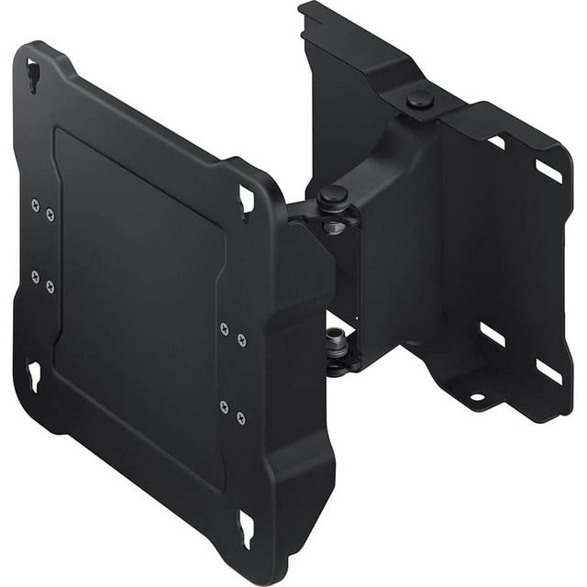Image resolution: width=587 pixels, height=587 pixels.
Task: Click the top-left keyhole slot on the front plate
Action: click(x=33, y=74)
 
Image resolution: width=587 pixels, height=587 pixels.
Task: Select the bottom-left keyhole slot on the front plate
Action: click(x=34, y=374)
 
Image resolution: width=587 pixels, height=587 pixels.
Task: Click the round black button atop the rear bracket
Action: click(x=420, y=99)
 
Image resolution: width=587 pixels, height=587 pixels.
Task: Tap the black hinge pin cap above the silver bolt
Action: click(x=332, y=194)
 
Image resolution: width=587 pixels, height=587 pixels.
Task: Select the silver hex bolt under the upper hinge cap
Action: click(x=334, y=225)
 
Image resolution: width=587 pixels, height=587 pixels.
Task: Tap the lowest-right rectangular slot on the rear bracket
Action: click(x=548, y=371)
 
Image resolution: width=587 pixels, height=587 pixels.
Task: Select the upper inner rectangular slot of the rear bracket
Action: click(x=496, y=142)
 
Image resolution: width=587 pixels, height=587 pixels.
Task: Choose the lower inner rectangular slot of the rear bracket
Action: click(x=492, y=335)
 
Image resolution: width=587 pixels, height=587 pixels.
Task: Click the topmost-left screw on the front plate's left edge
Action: click(x=35, y=205)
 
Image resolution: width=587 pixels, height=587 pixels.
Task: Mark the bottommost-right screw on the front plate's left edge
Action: click(x=50, y=286)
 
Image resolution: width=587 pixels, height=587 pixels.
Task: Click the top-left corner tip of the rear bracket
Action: click(x=303, y=7)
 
